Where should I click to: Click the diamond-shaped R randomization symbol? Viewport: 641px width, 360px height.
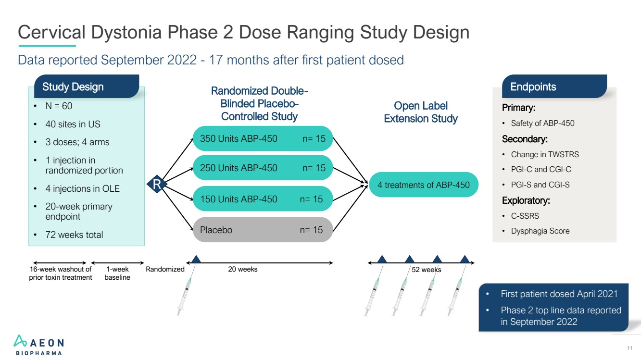pos(156,185)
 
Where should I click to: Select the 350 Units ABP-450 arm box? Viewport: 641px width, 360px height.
pos(263,139)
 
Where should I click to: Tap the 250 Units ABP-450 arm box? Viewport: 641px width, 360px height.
pos(263,168)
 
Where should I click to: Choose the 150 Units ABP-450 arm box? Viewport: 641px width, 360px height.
pos(263,199)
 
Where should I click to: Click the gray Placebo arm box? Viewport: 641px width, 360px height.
pos(263,230)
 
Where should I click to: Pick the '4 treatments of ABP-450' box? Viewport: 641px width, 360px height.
pos(424,185)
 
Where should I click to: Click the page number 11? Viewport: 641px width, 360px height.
pos(630,348)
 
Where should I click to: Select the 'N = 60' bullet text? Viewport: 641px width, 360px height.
pos(59,106)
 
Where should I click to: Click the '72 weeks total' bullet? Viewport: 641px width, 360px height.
pos(74,235)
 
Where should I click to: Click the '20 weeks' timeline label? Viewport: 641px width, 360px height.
pos(242,269)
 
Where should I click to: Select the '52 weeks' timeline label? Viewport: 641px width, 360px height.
pos(427,270)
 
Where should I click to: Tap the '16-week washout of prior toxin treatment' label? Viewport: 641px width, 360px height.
pos(61,273)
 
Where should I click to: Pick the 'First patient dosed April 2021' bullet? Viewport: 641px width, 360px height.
pos(559,294)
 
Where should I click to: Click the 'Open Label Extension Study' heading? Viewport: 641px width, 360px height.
pos(421,112)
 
